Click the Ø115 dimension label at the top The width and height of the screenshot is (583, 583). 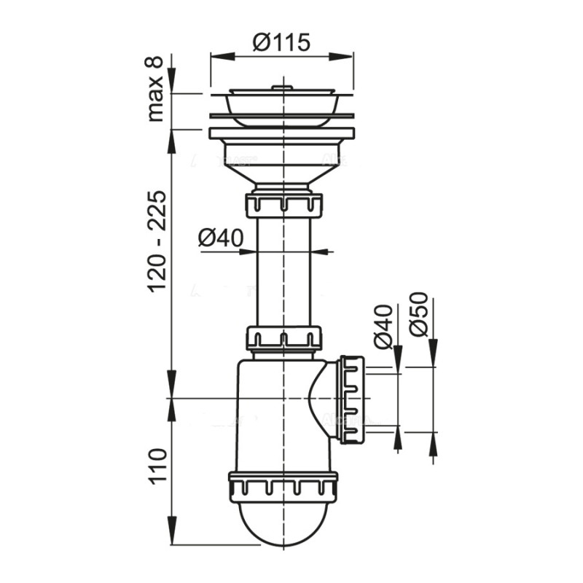(x=282, y=42)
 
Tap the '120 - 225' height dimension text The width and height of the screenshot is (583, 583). (x=156, y=241)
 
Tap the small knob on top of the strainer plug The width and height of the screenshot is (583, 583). (x=282, y=87)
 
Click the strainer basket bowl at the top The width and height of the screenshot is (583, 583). (x=282, y=103)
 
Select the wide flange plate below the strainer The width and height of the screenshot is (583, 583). (x=282, y=133)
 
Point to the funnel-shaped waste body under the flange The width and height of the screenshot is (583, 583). (x=282, y=166)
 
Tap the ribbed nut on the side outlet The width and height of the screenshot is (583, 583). (x=351, y=399)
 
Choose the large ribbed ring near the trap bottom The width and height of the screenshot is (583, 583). (x=283, y=485)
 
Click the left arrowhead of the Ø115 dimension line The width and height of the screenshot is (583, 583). (x=216, y=55)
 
